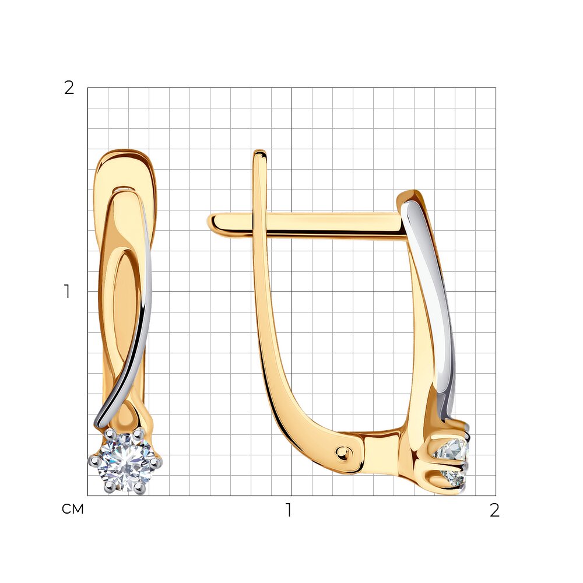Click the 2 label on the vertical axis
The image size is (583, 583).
[x=69, y=88]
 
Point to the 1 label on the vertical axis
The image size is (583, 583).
[x=67, y=291]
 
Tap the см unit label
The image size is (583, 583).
[x=72, y=509]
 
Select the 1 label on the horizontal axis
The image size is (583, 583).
[x=289, y=510]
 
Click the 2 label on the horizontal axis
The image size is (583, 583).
[x=494, y=510]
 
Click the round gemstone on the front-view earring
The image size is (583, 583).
[x=125, y=462]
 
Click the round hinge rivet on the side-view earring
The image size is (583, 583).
[x=342, y=452]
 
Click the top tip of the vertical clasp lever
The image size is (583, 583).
[x=259, y=152]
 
